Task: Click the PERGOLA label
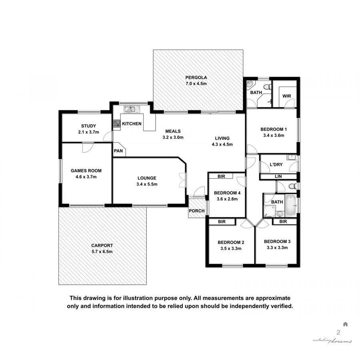pyautogui.click(x=196, y=78)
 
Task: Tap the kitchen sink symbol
pyautogui.click(x=131, y=108)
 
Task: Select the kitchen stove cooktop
pyautogui.click(x=116, y=124)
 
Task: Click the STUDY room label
pyautogui.click(x=88, y=126)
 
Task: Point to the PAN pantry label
pyautogui.click(x=118, y=151)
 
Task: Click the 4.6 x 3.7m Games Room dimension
pyautogui.click(x=84, y=176)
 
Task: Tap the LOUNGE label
pyautogui.click(x=147, y=178)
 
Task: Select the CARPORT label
pyautogui.click(x=102, y=246)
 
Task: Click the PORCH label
pyautogui.click(x=196, y=211)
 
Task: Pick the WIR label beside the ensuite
pyautogui.click(x=286, y=96)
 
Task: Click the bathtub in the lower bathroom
pyautogui.click(x=291, y=205)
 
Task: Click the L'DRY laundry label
pyautogui.click(x=276, y=165)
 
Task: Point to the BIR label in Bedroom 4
pyautogui.click(x=221, y=176)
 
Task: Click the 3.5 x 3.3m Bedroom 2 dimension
pyautogui.click(x=231, y=248)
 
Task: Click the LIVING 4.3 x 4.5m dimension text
pyautogui.click(x=222, y=144)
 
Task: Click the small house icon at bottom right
pyautogui.click(x=345, y=324)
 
